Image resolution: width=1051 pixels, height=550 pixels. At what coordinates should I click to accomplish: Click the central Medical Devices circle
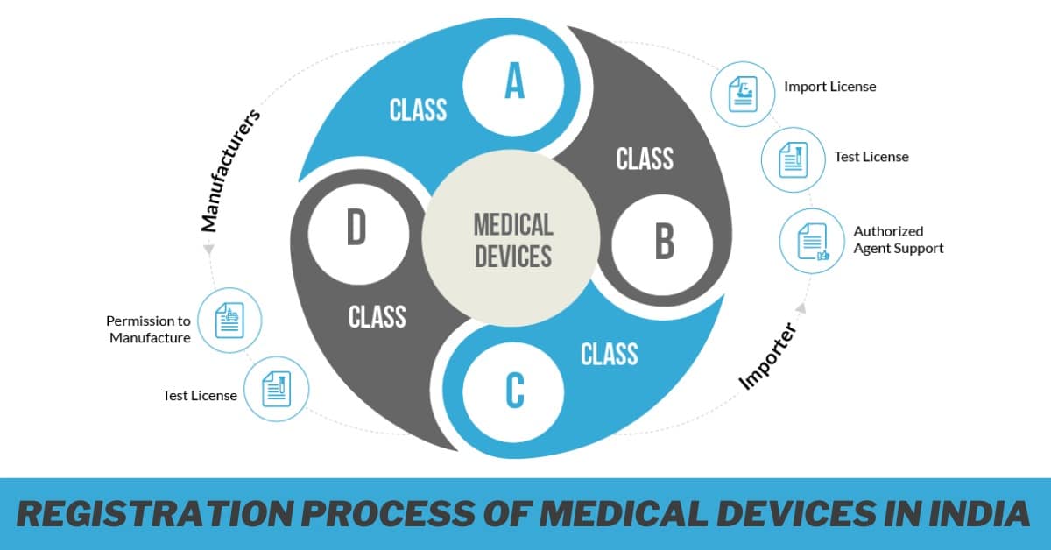(513, 239)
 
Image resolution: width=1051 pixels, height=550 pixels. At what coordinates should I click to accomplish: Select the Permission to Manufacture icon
(230, 321)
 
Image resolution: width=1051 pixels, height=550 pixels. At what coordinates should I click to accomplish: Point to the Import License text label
(829, 87)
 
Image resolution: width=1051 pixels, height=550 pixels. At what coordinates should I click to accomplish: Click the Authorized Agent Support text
(898, 240)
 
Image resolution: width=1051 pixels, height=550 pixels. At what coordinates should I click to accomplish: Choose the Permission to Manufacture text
(149, 329)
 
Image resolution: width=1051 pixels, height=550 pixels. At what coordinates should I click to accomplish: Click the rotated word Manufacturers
(230, 171)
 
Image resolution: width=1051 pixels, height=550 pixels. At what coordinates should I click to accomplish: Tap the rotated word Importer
(766, 356)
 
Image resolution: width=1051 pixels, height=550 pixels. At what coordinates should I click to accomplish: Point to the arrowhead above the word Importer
(800, 307)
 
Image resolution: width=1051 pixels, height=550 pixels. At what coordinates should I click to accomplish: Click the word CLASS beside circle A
(418, 110)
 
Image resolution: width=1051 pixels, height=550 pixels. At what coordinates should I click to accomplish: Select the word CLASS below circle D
(377, 317)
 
